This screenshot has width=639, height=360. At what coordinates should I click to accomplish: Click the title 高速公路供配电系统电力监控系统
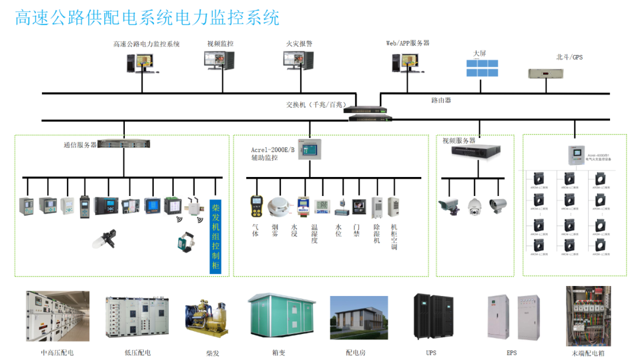[x=147, y=18]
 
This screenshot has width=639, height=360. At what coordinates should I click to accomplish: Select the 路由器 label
[x=441, y=100]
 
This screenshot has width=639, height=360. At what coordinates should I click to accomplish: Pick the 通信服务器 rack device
[x=124, y=143]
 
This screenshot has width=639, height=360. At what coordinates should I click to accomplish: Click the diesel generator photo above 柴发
[x=206, y=317]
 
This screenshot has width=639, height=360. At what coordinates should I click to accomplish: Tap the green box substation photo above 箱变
[x=278, y=317]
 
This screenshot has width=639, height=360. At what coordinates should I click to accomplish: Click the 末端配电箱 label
[x=586, y=353]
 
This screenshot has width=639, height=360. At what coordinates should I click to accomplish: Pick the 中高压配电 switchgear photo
[x=57, y=316]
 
